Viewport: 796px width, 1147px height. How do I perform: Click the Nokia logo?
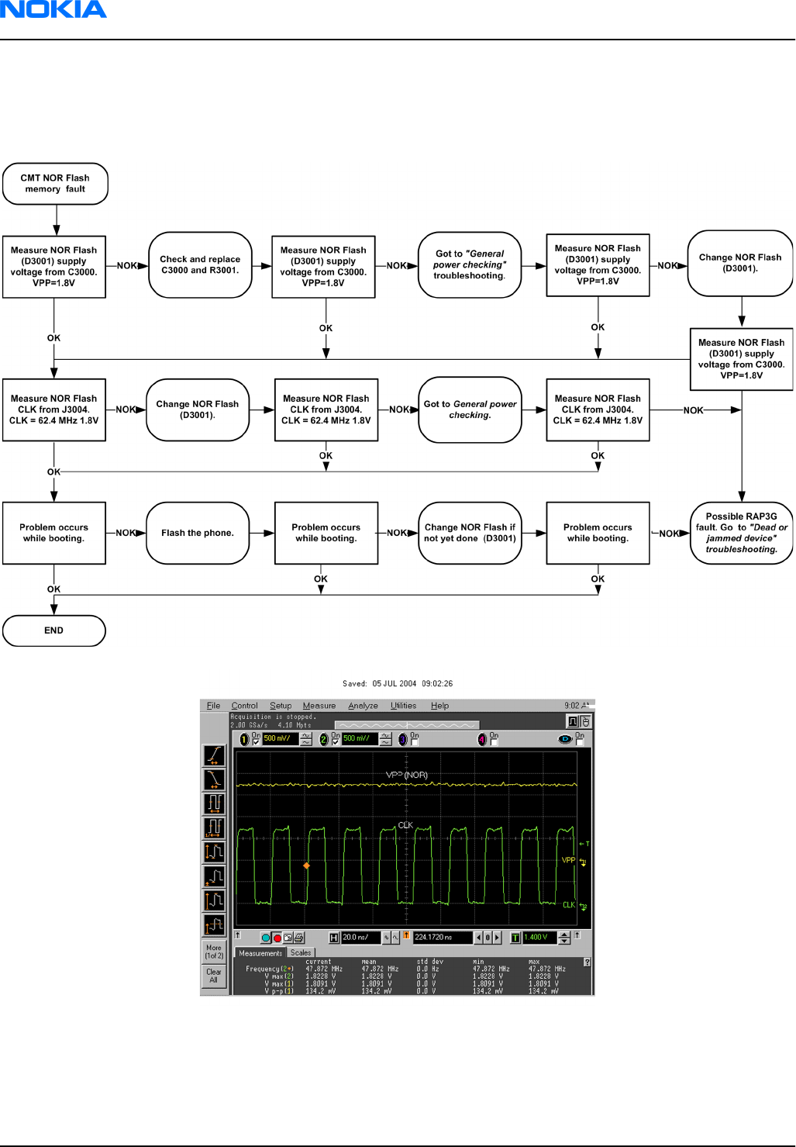pos(53,10)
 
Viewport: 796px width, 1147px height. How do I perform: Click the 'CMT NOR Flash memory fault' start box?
pos(55,184)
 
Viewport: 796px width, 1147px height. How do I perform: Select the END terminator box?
pos(53,631)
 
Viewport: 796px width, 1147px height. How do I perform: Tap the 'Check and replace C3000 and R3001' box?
pos(200,265)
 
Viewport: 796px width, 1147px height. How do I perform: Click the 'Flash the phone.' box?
pos(198,533)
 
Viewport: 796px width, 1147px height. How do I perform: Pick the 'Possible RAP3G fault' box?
pos(741,533)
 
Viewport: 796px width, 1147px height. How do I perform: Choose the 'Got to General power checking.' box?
pos(470,409)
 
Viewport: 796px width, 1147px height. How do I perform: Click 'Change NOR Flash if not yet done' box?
pos(470,533)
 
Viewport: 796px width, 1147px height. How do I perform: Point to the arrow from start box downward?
pos(56,220)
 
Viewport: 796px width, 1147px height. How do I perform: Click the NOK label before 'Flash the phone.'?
pos(126,533)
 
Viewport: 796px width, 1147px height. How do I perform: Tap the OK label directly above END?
pos(53,589)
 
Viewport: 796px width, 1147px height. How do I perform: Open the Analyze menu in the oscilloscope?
pos(363,706)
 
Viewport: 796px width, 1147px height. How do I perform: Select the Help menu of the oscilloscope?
pos(439,706)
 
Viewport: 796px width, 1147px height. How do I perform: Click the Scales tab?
pos(301,952)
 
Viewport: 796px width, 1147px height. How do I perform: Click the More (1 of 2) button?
pos(214,952)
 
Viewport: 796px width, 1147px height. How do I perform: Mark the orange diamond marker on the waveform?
pos(306,865)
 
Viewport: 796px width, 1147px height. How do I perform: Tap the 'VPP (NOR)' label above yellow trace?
pos(407,775)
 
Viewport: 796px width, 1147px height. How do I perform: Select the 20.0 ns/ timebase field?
pos(360,938)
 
